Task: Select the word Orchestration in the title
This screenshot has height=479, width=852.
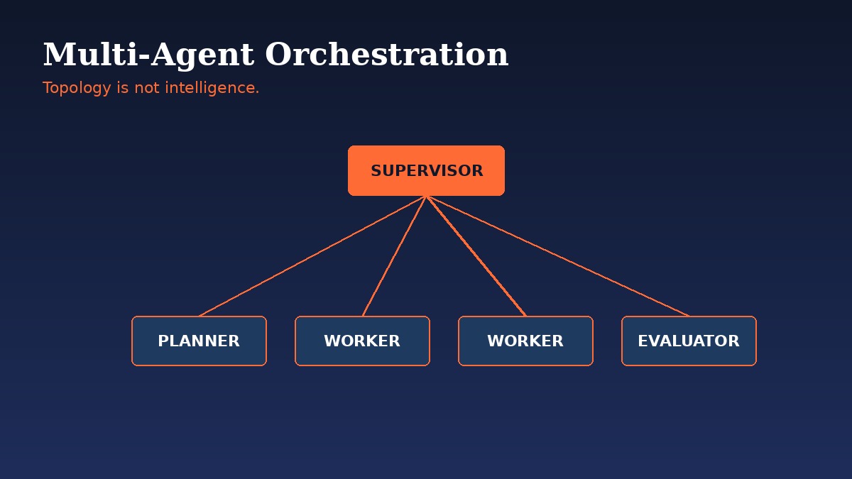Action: (386, 55)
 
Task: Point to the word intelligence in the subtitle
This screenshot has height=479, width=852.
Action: (212, 88)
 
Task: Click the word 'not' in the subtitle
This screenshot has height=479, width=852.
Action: (148, 88)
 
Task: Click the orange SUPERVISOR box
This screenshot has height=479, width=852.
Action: (426, 170)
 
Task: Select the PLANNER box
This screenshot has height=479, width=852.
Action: (199, 341)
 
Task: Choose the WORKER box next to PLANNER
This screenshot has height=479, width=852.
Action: (362, 341)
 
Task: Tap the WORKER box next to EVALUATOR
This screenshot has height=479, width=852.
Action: (525, 341)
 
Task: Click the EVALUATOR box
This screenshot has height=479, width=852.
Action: (689, 341)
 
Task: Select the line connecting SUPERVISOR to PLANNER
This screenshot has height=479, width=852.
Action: (312, 255)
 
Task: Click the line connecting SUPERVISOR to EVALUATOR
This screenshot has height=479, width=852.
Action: (557, 255)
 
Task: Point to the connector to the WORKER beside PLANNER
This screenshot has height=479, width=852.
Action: (394, 255)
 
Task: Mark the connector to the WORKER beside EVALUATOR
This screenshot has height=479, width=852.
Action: (476, 255)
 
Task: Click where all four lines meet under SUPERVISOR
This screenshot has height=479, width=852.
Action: (426, 196)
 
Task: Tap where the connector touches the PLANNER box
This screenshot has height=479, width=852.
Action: (200, 316)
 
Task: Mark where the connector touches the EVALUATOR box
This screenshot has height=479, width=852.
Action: (688, 316)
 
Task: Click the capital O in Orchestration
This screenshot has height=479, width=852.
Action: (278, 55)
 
